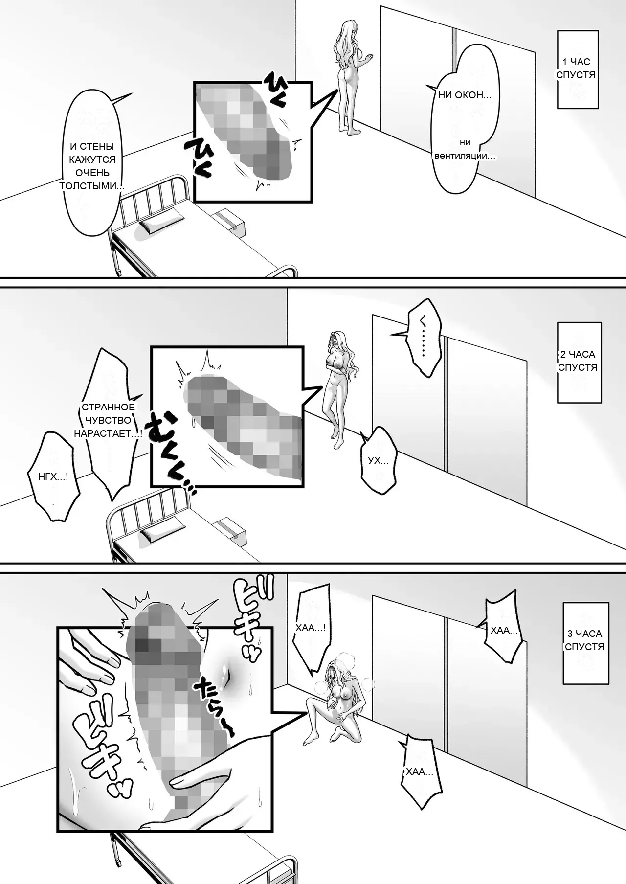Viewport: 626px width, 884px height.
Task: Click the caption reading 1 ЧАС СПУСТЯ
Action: coord(576,68)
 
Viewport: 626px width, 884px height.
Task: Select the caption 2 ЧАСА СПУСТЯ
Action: coord(578,361)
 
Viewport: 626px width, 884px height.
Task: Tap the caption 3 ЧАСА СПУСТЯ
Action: coord(584,640)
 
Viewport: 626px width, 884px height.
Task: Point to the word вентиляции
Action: coord(465,156)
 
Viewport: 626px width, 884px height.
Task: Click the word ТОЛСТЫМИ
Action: coord(91,186)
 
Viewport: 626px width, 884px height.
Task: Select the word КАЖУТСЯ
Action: coord(92,159)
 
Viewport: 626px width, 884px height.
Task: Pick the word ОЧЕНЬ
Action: coord(92,173)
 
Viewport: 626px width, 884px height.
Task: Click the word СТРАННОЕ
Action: coord(108,407)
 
